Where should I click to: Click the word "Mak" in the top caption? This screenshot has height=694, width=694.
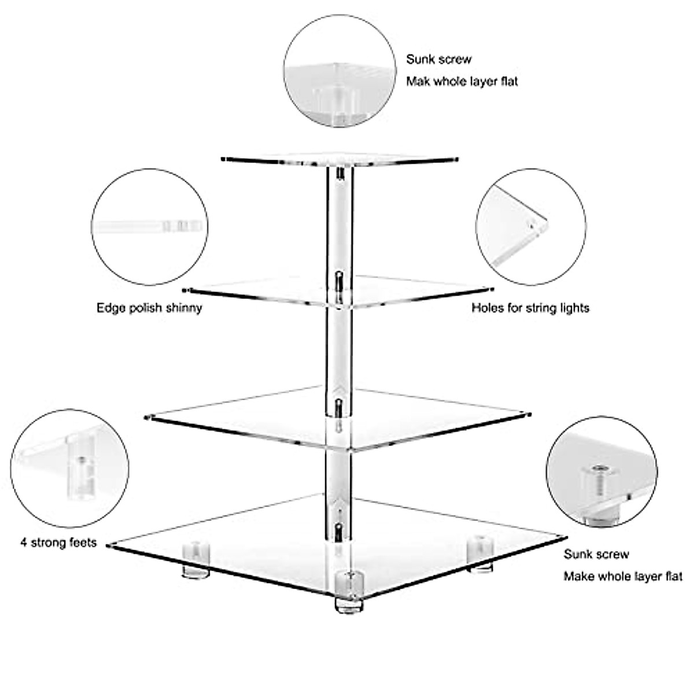(418, 81)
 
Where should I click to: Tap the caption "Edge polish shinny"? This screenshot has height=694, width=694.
(149, 308)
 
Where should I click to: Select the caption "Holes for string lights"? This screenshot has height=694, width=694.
(530, 308)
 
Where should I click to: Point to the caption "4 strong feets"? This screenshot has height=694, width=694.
(58, 543)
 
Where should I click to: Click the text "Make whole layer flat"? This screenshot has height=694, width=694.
(623, 576)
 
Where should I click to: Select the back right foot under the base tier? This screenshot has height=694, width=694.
(479, 555)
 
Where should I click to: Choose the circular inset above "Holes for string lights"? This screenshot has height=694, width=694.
(530, 227)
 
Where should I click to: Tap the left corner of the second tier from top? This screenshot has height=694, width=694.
(185, 289)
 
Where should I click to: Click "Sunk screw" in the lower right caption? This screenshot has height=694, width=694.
(596, 554)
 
